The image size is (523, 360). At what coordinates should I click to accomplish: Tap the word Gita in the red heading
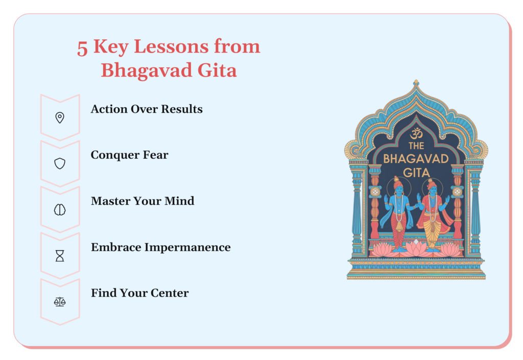[x=217, y=70]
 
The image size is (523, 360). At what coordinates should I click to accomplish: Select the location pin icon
[x=60, y=117]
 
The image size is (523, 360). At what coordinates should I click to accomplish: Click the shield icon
[x=60, y=164]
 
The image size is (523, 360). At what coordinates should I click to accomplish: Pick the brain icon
[x=60, y=210]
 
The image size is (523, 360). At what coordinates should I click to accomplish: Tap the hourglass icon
[x=60, y=256]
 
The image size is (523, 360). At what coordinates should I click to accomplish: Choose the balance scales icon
[x=60, y=302]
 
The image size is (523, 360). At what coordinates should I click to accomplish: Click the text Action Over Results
[x=147, y=109]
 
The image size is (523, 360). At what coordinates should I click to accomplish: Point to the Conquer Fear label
[x=129, y=155]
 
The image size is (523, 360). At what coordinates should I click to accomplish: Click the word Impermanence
[x=187, y=248]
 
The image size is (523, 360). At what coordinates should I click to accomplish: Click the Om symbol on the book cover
[x=416, y=133]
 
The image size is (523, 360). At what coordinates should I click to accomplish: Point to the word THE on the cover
[x=416, y=146]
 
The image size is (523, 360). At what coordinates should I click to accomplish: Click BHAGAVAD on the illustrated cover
[x=416, y=159]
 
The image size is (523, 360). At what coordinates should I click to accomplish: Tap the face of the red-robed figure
[x=433, y=190]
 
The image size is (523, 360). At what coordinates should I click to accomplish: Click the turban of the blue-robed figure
[x=398, y=182]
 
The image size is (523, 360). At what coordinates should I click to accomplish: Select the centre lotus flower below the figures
[x=416, y=248]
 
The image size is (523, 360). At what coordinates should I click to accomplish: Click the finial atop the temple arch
[x=416, y=83]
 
